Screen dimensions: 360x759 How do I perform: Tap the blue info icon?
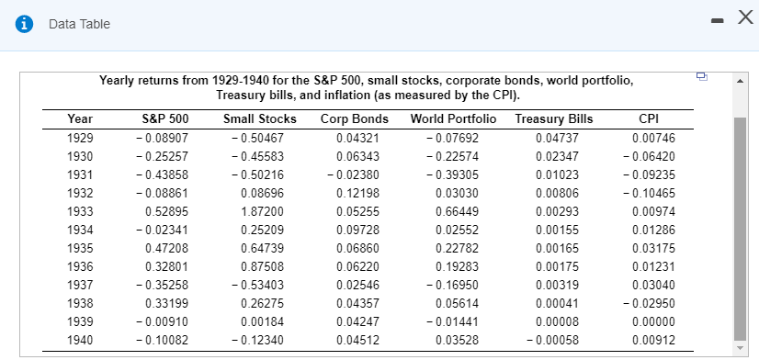pyautogui.click(x=17, y=23)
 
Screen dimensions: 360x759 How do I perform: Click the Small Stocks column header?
pyautogui.click(x=260, y=118)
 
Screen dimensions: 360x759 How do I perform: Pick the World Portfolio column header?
pyautogui.click(x=453, y=118)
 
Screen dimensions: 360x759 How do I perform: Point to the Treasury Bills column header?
pyautogui.click(x=554, y=118)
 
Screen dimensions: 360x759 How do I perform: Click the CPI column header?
pyautogui.click(x=650, y=118)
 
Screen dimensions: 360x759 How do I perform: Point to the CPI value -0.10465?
pyautogui.click(x=649, y=194)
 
